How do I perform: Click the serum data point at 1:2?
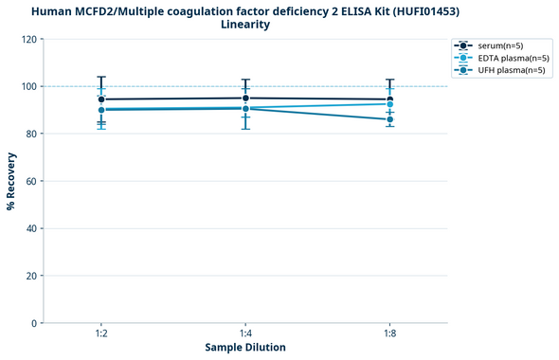point(101,99)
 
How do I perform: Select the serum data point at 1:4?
point(245,98)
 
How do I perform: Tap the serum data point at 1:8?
point(389,99)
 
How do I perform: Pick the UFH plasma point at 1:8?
point(389,119)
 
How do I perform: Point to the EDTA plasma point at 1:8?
point(389,104)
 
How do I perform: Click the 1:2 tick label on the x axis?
point(101,333)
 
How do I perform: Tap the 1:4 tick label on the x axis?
point(245,333)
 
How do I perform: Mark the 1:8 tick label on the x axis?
point(389,333)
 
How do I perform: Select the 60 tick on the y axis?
point(32,181)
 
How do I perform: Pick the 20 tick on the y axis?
point(32,276)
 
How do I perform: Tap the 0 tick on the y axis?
point(35,323)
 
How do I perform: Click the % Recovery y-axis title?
point(11,181)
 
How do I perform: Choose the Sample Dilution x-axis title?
point(245,348)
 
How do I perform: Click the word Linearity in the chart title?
point(244,25)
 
